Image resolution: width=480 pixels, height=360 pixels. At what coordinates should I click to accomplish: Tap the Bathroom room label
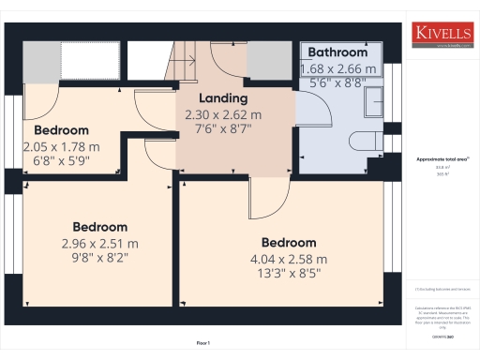click(337, 52)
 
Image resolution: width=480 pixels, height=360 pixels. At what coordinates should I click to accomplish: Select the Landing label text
click(223, 98)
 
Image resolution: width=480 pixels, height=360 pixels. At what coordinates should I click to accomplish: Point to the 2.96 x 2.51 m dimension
click(100, 243)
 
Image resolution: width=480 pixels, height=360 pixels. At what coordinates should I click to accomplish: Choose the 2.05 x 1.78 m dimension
click(61, 146)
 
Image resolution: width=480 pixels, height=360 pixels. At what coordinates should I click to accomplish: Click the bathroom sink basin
click(374, 98)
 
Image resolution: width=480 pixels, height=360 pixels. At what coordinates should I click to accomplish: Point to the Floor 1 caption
click(203, 342)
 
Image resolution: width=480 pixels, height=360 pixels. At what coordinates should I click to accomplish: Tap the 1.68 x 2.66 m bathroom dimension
click(337, 68)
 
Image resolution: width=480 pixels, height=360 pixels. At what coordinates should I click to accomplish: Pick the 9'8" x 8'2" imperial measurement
click(100, 257)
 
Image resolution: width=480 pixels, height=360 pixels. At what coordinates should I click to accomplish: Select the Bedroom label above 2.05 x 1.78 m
click(61, 130)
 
